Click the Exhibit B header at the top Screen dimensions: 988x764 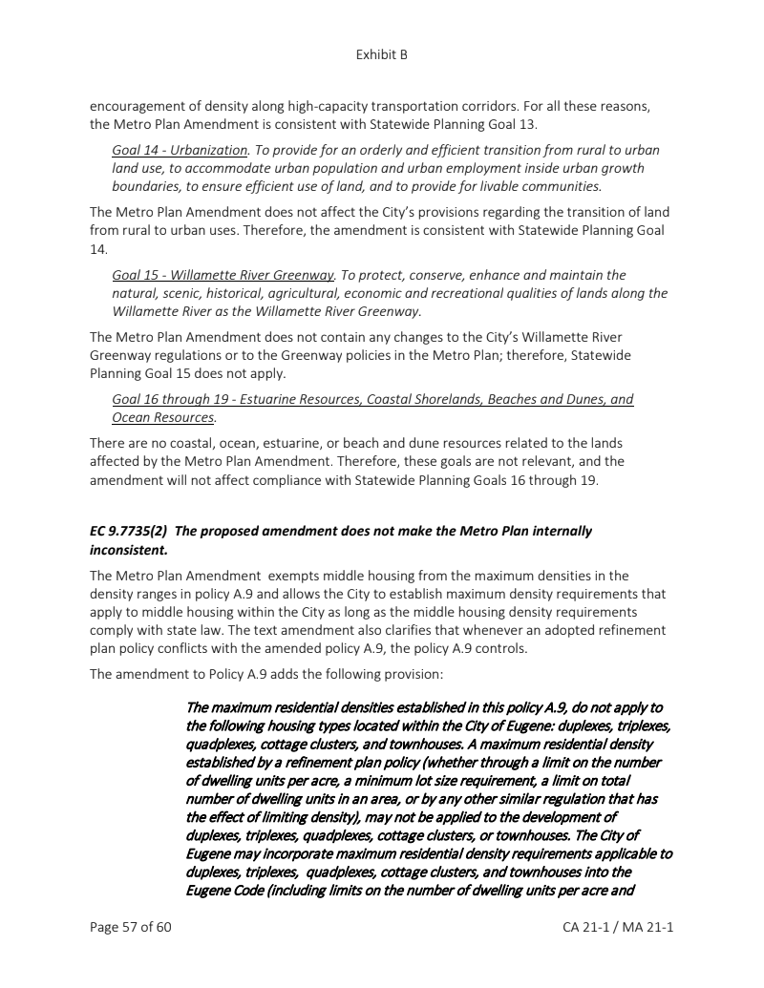pos(381,54)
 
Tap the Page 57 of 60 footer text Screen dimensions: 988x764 pos(130,927)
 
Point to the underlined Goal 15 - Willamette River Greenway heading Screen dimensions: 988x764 pos(223,275)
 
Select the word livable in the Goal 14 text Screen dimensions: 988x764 pos(505,186)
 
